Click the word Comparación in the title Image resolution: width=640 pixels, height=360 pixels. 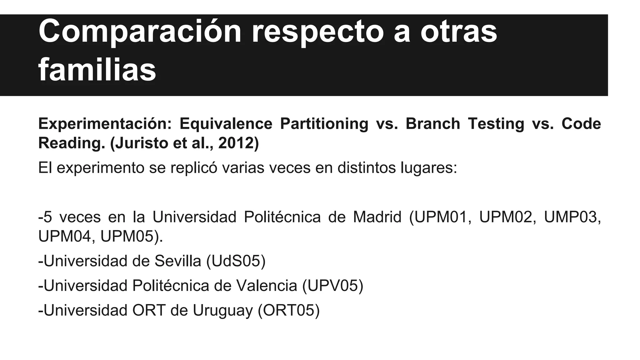coord(140,32)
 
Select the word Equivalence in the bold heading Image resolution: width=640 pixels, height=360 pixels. coord(226,124)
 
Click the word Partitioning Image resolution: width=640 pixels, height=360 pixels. coord(324,124)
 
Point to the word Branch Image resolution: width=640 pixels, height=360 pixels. coord(433,124)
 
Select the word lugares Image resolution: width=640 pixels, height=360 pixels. coord(428,168)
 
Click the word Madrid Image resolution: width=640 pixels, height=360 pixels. coord(377,217)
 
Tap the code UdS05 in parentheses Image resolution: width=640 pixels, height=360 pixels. coord(236,261)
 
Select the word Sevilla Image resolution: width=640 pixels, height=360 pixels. coord(178,261)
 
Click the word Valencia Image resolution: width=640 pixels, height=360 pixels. coord(267,286)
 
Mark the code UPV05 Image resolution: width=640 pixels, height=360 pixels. coord(333,286)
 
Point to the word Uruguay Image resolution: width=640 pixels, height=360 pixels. coord(222,311)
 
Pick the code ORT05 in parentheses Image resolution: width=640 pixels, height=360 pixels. coord(289,311)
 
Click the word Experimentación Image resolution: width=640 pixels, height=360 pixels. coord(105,124)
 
